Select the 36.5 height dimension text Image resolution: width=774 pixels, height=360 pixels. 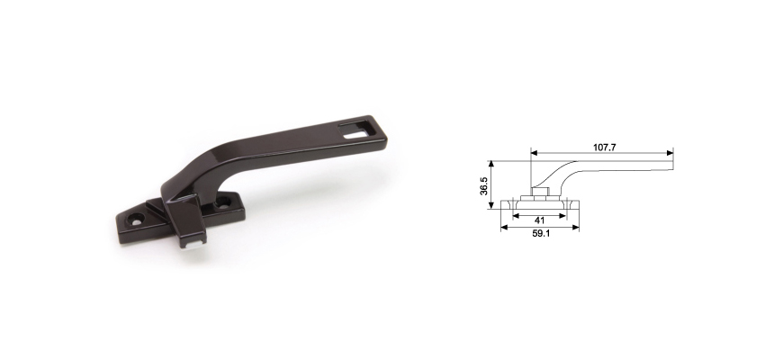(x=484, y=185)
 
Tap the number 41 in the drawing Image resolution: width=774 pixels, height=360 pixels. (x=539, y=220)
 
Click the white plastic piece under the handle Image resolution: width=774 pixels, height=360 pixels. (x=191, y=241)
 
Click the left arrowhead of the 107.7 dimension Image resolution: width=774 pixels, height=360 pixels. (x=533, y=152)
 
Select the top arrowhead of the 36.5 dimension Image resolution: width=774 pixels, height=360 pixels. (x=491, y=165)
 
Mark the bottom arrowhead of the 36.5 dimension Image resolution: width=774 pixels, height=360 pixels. (x=491, y=205)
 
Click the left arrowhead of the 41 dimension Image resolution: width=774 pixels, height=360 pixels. (x=514, y=214)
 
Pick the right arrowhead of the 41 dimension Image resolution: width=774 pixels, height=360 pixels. (x=564, y=214)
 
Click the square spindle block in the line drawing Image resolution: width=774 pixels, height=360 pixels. (x=539, y=191)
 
